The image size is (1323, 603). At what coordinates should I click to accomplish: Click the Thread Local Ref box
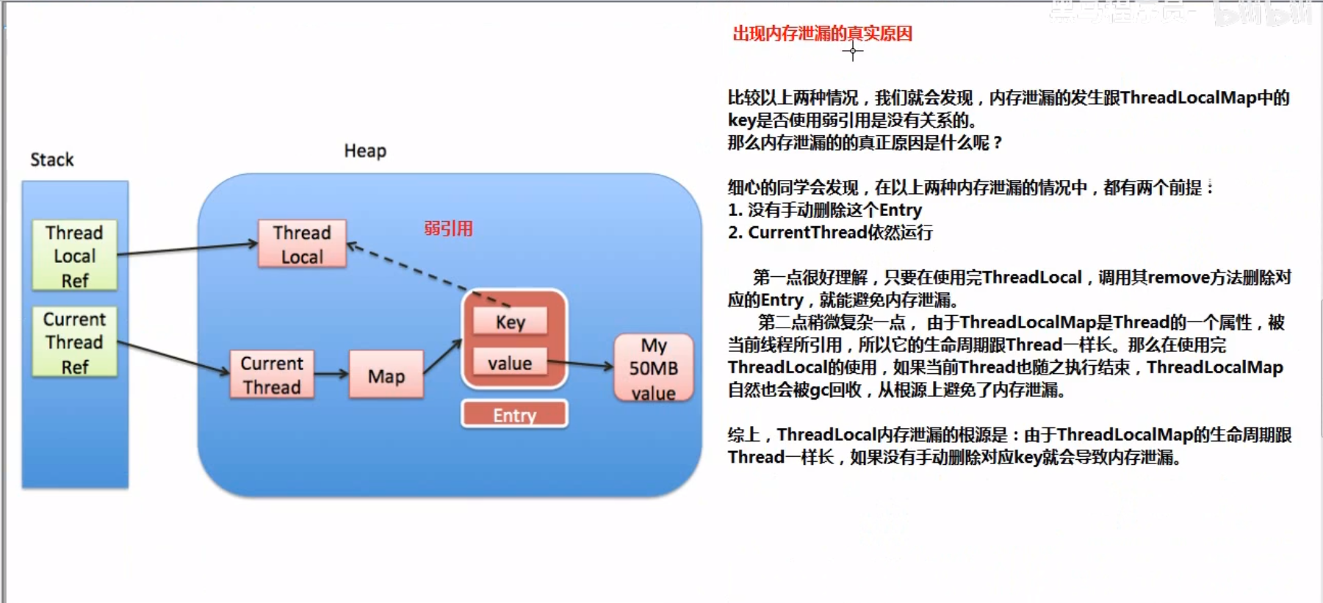74,256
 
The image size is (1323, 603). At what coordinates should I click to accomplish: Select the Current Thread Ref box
74,342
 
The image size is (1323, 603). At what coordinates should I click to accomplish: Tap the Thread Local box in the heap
302,244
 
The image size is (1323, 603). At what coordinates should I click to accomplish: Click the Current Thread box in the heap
272,375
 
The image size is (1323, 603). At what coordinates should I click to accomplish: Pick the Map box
386,375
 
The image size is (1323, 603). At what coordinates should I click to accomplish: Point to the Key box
511,322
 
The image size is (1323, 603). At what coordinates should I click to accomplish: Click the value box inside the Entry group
510,362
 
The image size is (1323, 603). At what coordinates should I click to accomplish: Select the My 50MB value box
653,368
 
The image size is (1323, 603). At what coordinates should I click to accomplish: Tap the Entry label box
514,414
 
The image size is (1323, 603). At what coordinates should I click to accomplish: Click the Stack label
51,159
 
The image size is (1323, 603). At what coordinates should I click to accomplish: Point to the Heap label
365,151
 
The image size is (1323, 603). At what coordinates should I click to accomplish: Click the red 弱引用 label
448,228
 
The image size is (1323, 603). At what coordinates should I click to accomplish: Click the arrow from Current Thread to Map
331,374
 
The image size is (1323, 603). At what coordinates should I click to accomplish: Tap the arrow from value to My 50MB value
580,364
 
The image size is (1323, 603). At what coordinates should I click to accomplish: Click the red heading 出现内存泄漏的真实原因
822,33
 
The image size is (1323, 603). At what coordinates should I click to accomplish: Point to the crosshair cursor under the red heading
852,51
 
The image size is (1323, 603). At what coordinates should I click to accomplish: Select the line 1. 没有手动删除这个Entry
824,210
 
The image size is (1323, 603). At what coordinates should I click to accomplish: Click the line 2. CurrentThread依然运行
830,233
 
